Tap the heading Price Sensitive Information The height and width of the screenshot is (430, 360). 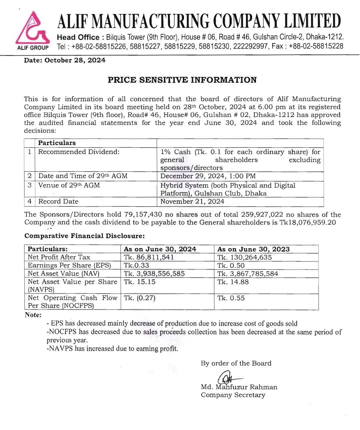pos(182,80)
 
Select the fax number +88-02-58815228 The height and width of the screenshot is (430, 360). pos(316,46)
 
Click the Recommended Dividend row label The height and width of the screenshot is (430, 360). pos(79,152)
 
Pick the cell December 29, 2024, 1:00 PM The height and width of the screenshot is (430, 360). pos(208,176)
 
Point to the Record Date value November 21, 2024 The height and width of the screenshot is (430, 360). pos(192,201)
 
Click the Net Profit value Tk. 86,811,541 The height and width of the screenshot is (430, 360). pos(149,257)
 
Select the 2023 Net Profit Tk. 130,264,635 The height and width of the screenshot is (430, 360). pos(244,257)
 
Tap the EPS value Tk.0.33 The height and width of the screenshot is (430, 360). pos(136,265)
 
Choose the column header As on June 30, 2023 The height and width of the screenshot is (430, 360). pos(253,249)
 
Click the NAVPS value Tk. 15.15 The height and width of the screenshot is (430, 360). pos(139,282)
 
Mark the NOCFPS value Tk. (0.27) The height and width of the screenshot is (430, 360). pos(139,298)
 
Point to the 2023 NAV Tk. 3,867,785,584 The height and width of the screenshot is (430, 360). pos(247,274)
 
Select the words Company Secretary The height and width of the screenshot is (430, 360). pos(233,395)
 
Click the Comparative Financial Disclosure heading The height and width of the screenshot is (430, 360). pos(84,236)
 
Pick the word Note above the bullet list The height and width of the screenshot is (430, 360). pos(33,315)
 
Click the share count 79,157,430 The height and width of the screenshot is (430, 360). pos(143,215)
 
